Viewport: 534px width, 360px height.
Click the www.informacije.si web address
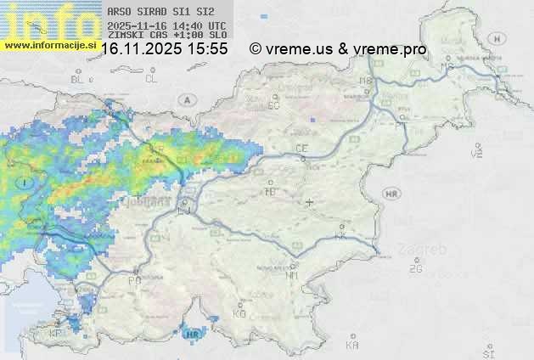click(50, 45)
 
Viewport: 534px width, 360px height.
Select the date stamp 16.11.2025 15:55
click(164, 49)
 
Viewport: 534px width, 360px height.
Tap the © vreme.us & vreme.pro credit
click(338, 49)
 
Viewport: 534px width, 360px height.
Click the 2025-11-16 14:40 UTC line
click(166, 25)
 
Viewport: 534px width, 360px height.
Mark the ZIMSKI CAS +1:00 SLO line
click(166, 35)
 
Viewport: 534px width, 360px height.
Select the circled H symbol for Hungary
click(497, 38)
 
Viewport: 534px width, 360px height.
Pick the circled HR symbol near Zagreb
click(391, 194)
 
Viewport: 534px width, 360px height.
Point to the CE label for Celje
click(301, 149)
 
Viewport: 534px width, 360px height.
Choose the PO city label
click(134, 280)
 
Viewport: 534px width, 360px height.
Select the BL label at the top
click(79, 79)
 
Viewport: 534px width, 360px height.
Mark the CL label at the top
click(151, 79)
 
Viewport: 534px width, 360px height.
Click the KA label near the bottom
click(352, 345)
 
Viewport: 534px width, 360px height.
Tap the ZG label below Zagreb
click(415, 269)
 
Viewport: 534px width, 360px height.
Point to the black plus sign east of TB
click(310, 202)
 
